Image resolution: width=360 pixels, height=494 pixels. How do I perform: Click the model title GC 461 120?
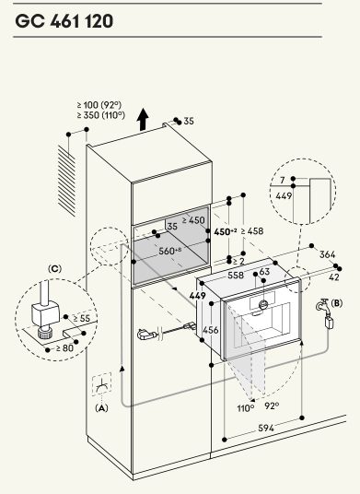click(x=64, y=21)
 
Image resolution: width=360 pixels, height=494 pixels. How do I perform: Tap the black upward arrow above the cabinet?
click(x=143, y=120)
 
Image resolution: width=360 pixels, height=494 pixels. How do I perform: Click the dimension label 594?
click(x=266, y=428)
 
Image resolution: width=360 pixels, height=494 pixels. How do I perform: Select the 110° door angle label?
click(x=246, y=408)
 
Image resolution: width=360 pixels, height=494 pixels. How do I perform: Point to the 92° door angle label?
click(x=272, y=406)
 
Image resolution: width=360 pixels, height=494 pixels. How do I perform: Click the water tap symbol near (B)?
click(x=323, y=306)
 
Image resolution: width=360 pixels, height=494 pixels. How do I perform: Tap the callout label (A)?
click(x=101, y=408)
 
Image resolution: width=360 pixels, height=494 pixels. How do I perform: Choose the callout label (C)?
click(x=54, y=269)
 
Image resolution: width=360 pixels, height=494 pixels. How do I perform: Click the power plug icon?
click(x=147, y=334)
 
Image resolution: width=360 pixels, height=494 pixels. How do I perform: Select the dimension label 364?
click(x=327, y=254)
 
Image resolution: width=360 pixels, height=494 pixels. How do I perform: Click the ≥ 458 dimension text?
click(x=252, y=231)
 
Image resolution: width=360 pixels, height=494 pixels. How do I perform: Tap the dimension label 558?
click(x=236, y=275)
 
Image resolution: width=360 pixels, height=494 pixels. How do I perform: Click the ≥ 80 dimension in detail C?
click(x=64, y=348)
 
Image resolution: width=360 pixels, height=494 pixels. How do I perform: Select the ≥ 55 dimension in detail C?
click(x=82, y=318)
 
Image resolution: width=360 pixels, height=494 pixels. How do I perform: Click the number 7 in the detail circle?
click(x=283, y=181)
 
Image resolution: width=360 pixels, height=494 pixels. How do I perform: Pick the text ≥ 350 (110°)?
click(x=101, y=115)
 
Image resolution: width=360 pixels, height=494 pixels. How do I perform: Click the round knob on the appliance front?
click(x=263, y=304)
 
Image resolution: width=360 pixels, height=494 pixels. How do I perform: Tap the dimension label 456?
click(x=211, y=330)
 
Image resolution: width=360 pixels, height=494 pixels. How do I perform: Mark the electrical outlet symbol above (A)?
click(x=101, y=384)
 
